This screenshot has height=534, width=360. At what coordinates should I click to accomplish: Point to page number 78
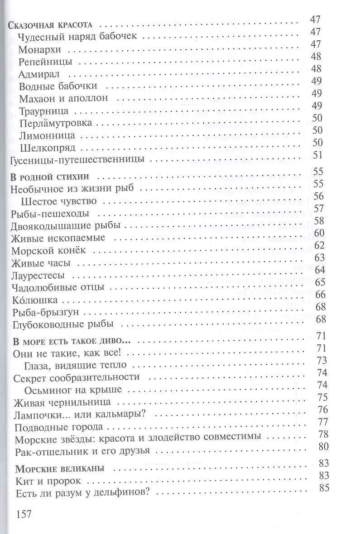(x=323, y=434)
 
